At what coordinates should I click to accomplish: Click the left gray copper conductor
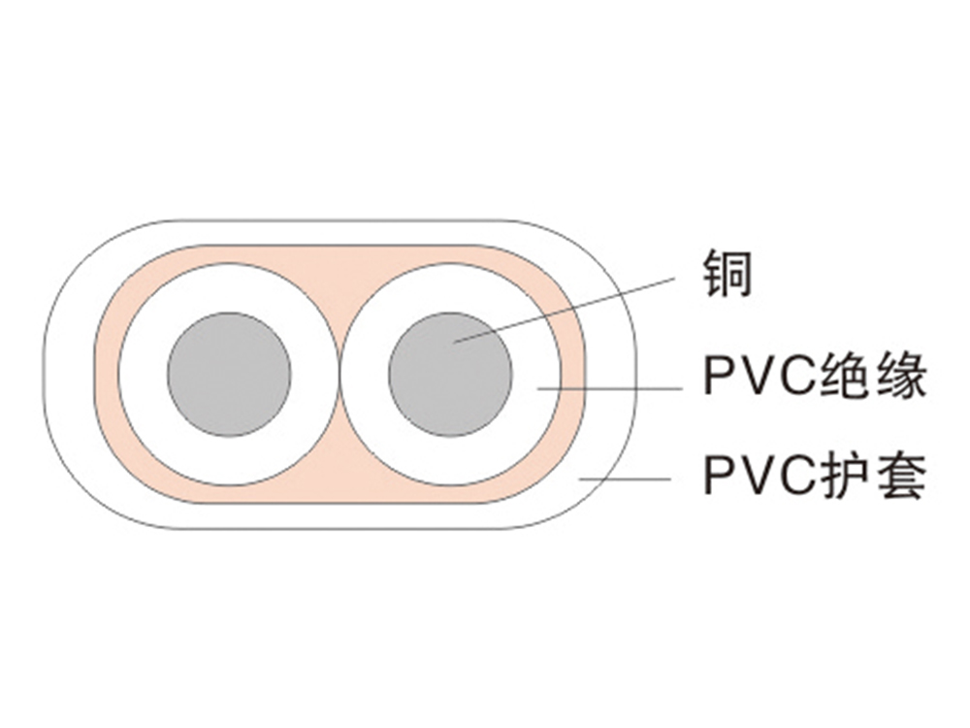(230, 374)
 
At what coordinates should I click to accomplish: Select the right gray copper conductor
(451, 374)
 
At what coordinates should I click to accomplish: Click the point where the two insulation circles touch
(340, 375)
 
